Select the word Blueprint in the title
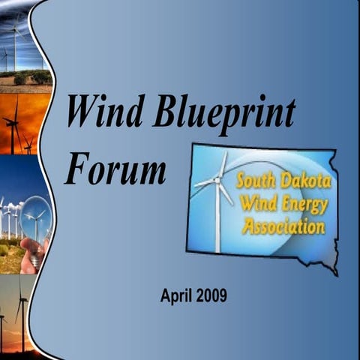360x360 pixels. (224, 114)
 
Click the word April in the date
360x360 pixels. (177, 295)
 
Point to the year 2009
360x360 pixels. (212, 295)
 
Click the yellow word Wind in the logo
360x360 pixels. (255, 201)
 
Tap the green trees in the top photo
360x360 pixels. (34, 77)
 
